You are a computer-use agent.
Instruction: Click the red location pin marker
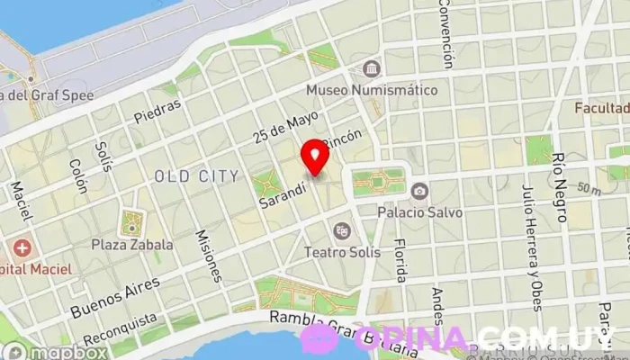pos(314,157)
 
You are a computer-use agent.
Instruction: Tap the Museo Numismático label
pos(372,91)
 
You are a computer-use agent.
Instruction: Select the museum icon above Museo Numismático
pos(371,69)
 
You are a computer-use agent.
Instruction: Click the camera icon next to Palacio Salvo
pos(419,191)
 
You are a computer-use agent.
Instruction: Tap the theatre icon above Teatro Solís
pos(341,230)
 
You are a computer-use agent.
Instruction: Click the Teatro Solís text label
pos(342,252)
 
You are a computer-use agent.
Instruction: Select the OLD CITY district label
pos(196,175)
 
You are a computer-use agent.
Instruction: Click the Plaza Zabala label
pos(132,244)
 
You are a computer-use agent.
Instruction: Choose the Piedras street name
pos(157,110)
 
